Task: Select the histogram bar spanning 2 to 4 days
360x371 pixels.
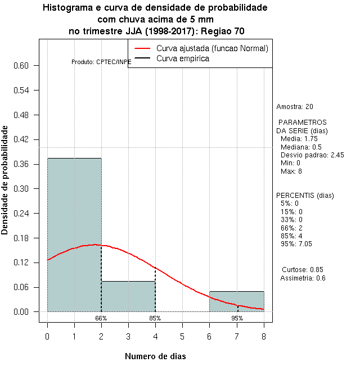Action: pyautogui.click(x=128, y=296)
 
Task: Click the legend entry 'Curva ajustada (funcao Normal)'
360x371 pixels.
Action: pyautogui.click(x=212, y=48)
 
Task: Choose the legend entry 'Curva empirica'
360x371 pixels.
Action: pyautogui.click(x=183, y=58)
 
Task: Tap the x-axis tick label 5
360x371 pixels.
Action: pyautogui.click(x=182, y=337)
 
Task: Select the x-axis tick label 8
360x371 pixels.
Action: pyautogui.click(x=263, y=337)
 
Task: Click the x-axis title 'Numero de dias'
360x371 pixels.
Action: pyautogui.click(x=155, y=356)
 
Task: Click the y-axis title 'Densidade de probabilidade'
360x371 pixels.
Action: pyautogui.click(x=5, y=180)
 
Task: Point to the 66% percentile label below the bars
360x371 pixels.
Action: pyautogui.click(x=101, y=318)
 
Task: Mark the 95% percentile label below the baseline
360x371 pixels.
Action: pyautogui.click(x=237, y=318)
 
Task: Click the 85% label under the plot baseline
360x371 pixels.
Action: pyautogui.click(x=155, y=318)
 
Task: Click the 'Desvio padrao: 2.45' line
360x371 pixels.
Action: pyautogui.click(x=312, y=155)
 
